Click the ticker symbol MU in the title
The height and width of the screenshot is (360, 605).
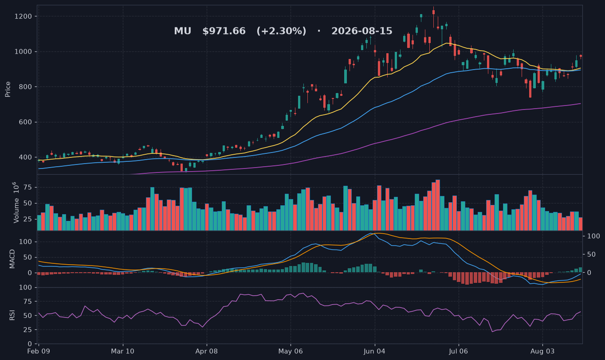click(183, 31)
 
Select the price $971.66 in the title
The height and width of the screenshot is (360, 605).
click(224, 31)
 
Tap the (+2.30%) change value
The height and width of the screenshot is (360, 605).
click(282, 31)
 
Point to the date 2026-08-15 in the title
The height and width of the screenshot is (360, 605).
click(362, 31)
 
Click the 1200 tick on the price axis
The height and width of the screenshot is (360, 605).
click(23, 16)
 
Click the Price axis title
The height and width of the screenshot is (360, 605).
click(8, 89)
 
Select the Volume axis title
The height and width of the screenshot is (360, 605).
click(16, 203)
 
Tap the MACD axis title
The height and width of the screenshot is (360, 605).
click(12, 259)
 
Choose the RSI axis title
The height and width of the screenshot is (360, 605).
click(12, 315)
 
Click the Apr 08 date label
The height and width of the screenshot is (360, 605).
click(207, 352)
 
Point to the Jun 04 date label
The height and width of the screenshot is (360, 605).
click(374, 352)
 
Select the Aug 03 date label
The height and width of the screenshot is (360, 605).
click(542, 352)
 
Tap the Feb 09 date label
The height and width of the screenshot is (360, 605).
click(39, 352)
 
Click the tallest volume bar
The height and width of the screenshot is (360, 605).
click(437, 205)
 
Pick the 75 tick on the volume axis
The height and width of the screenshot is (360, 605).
click(28, 188)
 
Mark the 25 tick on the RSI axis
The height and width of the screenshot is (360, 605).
click(28, 330)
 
